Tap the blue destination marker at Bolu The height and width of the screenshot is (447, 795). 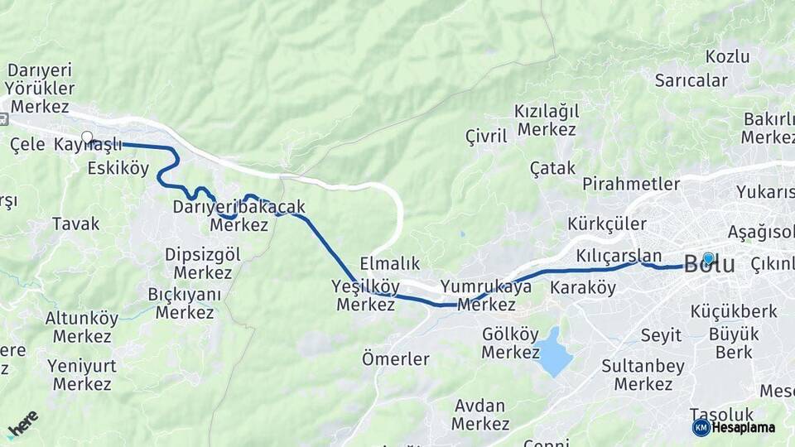(x=708, y=258)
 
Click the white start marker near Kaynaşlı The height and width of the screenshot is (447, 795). (x=87, y=137)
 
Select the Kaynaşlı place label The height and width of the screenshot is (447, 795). (x=88, y=145)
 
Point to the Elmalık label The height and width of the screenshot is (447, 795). (x=390, y=264)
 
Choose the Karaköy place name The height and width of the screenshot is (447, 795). (x=583, y=288)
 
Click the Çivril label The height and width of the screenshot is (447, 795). (x=486, y=137)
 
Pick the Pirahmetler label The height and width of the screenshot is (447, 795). (x=631, y=184)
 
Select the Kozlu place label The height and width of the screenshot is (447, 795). (x=728, y=57)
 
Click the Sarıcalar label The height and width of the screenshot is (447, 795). (x=691, y=81)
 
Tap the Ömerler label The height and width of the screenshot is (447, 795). (x=396, y=359)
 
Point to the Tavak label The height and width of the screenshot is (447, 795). (x=75, y=223)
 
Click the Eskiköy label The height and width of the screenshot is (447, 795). (x=118, y=169)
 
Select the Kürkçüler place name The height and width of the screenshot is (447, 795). (x=607, y=223)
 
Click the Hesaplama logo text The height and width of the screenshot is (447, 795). (x=744, y=427)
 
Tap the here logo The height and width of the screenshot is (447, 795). (x=22, y=423)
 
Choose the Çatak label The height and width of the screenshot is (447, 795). (x=552, y=168)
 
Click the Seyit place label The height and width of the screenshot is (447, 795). (x=661, y=335)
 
